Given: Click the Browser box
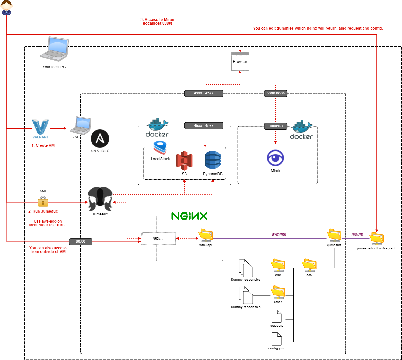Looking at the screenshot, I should pos(240,62).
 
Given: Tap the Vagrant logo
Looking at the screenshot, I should pos(40,127).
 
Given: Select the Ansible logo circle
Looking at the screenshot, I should pos(100,139).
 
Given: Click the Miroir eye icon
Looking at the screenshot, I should pos(275,158).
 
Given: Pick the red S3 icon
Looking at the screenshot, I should pos(184,161).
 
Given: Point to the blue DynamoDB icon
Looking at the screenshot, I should pos(213,160).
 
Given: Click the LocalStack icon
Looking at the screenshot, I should pos(160,148).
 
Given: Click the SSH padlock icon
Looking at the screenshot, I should pos(43,201).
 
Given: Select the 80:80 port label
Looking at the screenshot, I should pos(81,241).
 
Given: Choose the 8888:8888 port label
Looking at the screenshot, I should pos(275,93).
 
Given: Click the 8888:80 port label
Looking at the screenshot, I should pos(275,126).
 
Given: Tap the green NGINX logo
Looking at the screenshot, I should pos(189,216).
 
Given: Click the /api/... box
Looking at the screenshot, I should pos(158,238).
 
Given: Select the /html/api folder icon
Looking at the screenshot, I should pos(206,235).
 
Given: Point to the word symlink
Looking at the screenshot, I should pos(279,234).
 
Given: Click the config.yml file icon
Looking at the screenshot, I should pos(276,339).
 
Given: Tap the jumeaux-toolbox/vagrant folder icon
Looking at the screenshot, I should pos(376,238).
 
